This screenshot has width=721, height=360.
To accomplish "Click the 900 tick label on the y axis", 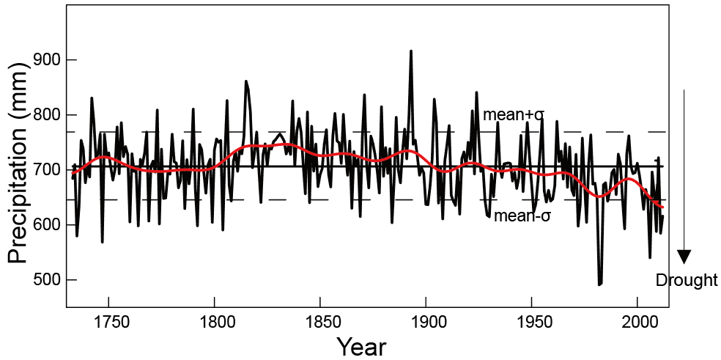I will click(x=45, y=60).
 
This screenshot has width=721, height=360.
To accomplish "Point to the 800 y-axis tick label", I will click(x=45, y=115).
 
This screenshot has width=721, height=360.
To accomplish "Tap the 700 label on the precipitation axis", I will click(x=45, y=170).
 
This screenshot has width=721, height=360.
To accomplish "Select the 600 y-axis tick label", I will click(x=45, y=225).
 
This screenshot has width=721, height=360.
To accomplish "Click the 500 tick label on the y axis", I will click(x=45, y=280).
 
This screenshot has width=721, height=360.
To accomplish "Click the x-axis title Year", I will click(x=361, y=345).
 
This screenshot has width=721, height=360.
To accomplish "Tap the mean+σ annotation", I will click(x=513, y=115).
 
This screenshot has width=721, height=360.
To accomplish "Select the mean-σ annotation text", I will click(x=522, y=216).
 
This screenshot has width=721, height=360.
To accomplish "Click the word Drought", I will click(x=686, y=281).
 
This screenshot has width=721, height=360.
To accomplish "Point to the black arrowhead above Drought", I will click(x=684, y=256).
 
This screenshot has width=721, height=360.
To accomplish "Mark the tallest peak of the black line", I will click(x=411, y=51).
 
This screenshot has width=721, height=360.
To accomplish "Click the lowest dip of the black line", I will click(x=599, y=284).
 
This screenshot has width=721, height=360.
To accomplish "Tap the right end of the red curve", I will click(x=662, y=207).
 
